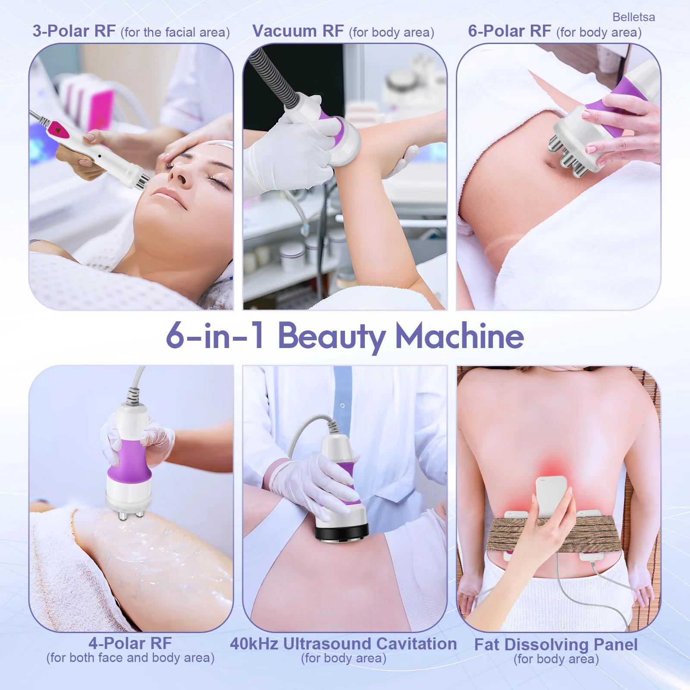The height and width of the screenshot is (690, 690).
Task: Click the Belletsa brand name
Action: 634,17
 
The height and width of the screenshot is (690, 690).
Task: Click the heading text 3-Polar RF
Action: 74,31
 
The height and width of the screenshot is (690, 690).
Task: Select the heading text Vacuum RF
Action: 298,31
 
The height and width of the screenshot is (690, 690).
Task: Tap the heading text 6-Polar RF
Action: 509,31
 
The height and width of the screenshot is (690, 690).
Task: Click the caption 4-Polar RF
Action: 130,643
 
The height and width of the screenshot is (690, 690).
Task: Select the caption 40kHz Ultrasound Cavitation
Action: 343,644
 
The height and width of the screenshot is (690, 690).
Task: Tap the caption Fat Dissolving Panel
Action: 556,645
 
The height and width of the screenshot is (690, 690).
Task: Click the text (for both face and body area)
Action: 130,658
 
